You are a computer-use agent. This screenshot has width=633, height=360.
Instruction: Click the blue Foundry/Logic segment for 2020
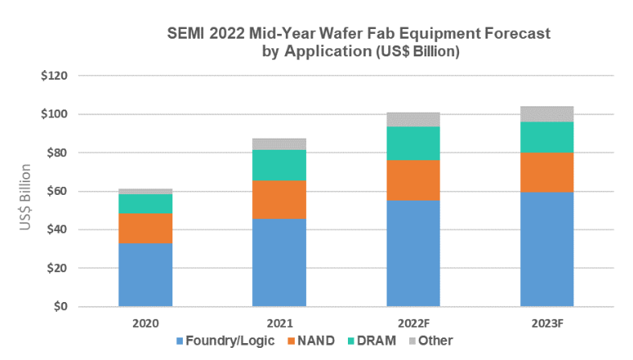tap(146, 275)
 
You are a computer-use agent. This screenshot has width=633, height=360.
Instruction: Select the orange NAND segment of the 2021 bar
tap(279, 199)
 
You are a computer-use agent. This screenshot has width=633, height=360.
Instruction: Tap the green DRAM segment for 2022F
tap(412, 143)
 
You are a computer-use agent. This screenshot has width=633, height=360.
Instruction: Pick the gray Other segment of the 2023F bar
tap(546, 114)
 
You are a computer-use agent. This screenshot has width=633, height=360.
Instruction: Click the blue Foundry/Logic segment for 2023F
tap(546, 249)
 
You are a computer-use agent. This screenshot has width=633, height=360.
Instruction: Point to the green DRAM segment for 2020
tap(146, 204)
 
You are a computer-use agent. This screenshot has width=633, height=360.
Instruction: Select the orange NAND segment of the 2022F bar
tap(412, 180)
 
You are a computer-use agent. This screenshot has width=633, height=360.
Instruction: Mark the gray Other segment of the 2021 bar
tap(279, 144)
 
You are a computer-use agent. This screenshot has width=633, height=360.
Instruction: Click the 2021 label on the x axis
tap(279, 322)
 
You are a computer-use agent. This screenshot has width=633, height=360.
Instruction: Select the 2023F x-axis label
tap(546, 322)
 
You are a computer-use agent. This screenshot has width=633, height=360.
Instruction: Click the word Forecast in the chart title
tap(511, 35)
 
